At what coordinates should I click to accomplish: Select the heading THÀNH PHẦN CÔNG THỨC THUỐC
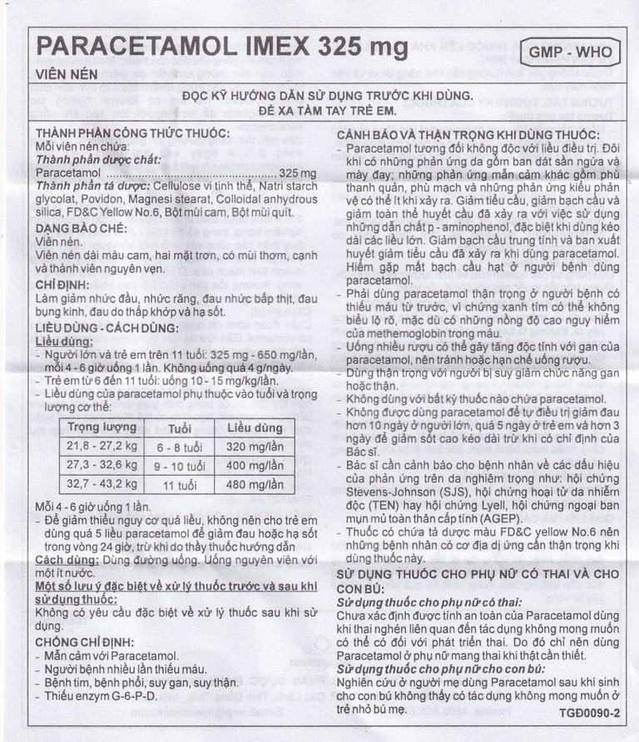tap(132, 134)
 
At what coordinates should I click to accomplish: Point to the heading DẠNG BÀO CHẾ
tap(81, 227)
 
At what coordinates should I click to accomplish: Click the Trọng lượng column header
tap(102, 428)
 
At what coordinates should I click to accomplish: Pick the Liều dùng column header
tap(255, 428)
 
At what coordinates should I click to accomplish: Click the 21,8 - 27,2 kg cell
tap(102, 447)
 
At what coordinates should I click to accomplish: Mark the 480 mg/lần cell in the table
tap(255, 485)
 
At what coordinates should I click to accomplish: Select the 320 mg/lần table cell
tap(255, 447)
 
